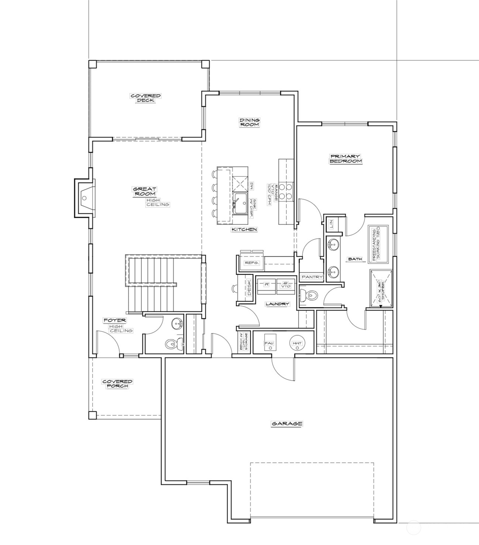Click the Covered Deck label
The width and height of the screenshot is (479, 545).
coord(145,98)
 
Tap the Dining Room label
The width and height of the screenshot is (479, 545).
coord(249,122)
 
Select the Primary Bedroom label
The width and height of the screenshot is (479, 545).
coord(345,159)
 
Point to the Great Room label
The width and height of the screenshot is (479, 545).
coord(144,191)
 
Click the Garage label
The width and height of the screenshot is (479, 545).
coord(287,424)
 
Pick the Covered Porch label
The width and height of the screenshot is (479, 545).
coord(117,384)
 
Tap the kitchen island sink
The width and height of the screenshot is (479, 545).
coord(241,202)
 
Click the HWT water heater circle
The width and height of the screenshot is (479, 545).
coord(297,343)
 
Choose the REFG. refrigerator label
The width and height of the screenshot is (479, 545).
coord(252,263)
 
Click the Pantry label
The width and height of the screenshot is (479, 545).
coord(312,277)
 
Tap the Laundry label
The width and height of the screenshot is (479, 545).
coord(277,304)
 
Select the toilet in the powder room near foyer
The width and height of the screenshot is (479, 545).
coord(171,344)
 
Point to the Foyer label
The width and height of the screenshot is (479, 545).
coord(114,321)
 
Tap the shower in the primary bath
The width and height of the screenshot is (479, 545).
coord(381,288)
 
